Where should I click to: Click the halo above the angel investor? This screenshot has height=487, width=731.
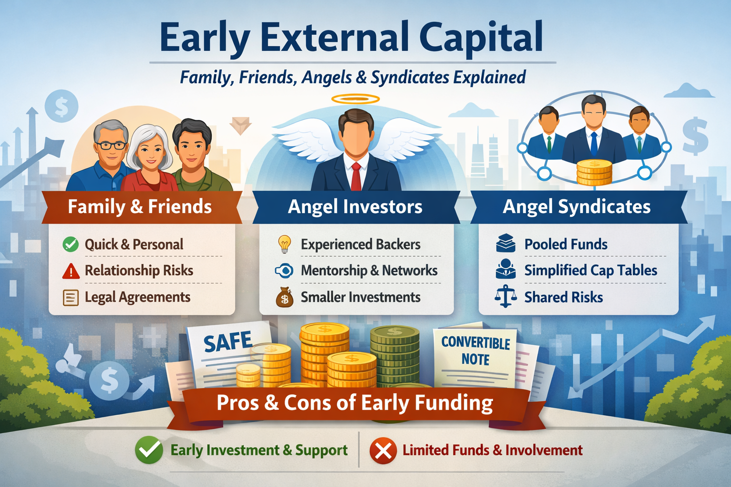click(355, 99)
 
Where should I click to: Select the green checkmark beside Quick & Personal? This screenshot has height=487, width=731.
click(70, 244)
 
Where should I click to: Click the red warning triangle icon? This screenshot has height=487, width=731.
click(71, 271)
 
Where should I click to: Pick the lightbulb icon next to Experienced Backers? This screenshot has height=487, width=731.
click(284, 244)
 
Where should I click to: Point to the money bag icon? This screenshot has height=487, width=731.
click(284, 298)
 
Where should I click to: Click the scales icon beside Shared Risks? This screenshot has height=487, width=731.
click(505, 297)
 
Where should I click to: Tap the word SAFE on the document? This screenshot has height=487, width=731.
click(228, 342)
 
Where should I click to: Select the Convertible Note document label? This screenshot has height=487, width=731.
click(475, 351)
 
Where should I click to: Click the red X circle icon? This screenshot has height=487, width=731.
click(383, 450)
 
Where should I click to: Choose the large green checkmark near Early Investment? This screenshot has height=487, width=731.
click(149, 450)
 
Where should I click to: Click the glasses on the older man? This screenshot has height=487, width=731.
click(110, 145)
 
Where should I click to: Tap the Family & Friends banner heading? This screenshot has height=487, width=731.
click(139, 207)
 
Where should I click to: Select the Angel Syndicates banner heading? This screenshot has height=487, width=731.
click(576, 207)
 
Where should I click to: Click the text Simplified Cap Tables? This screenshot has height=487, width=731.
click(591, 271)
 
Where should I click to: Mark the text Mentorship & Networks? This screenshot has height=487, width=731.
click(369, 271)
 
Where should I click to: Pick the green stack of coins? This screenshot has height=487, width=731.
click(395, 357)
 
